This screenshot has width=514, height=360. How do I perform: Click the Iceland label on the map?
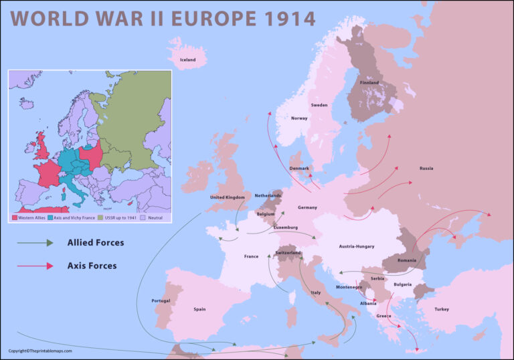point(187,60)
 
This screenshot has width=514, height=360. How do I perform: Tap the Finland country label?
point(369,83)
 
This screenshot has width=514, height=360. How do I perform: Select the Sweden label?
point(319,106)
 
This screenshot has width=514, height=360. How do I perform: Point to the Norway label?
point(299,118)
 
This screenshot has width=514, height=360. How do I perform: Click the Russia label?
point(426,168)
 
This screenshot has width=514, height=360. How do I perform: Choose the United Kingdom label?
point(227,197)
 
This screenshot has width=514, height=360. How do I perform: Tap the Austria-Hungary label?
point(356,246)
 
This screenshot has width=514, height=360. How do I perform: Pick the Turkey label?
point(442,309)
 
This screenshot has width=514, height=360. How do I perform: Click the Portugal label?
point(161,300)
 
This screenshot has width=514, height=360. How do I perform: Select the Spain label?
point(199,309)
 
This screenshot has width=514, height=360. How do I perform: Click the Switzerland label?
point(288,253)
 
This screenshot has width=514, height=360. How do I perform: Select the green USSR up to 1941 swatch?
point(102,217)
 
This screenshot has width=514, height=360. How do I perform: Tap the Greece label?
point(383,316)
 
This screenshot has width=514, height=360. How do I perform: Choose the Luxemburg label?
point(286,228)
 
